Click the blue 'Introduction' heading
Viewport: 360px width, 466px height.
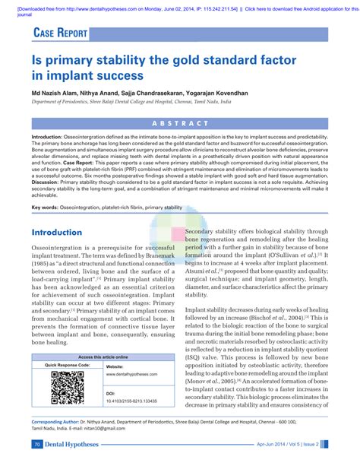[57, 232]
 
